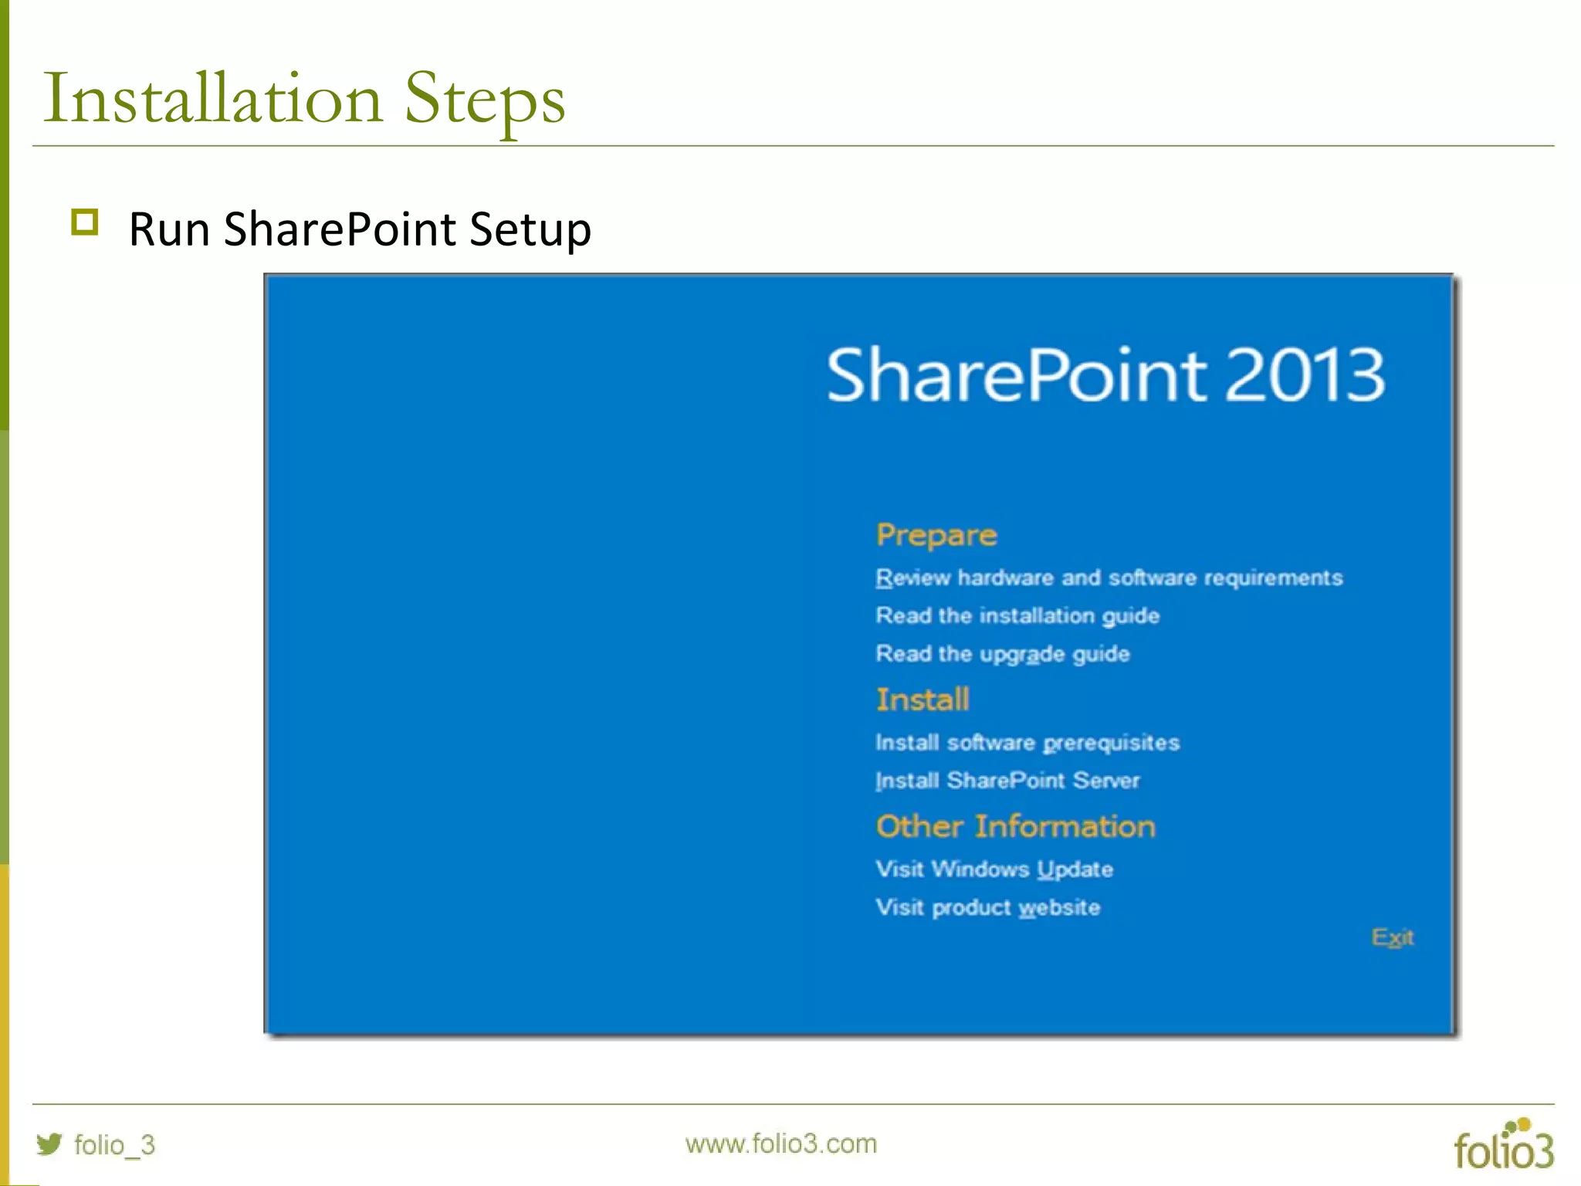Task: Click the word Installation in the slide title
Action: pos(213,99)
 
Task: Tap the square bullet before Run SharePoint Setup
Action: pos(85,222)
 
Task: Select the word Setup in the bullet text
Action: pos(530,229)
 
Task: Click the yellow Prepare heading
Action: pos(936,535)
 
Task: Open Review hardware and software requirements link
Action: pos(1109,578)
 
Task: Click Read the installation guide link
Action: pos(1017,615)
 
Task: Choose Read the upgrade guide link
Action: pos(1002,654)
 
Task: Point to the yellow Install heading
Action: pos(923,700)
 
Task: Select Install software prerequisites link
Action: pos(1027,743)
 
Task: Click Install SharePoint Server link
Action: pos(1007,781)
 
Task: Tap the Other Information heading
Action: pos(1015,826)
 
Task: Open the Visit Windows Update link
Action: pos(994,869)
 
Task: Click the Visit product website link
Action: pos(987,907)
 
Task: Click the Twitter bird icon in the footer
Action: pos(49,1144)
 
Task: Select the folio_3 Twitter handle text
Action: pos(114,1144)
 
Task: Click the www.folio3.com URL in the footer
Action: pos(780,1144)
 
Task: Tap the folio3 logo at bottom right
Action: pos(1503,1147)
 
